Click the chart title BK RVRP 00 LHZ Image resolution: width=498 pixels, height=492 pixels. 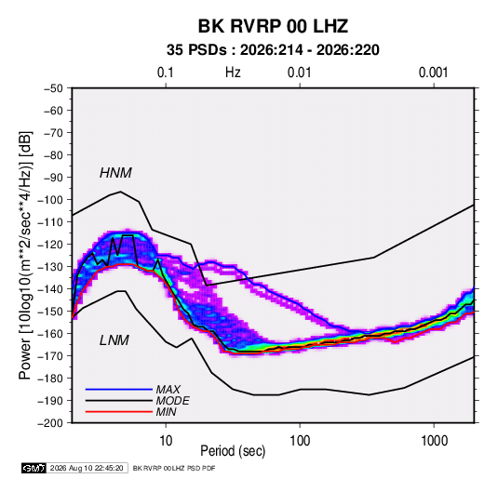(x=273, y=26)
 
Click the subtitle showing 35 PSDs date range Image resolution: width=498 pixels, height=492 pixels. (x=273, y=50)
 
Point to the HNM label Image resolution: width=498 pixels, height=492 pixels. (x=115, y=173)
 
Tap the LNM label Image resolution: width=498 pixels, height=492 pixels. (x=114, y=340)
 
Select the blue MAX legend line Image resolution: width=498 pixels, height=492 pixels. (x=119, y=390)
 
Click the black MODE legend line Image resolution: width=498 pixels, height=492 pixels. (x=119, y=401)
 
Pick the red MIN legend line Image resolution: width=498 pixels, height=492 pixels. (x=119, y=412)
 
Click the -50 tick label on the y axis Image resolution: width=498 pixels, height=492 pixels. (x=53, y=88)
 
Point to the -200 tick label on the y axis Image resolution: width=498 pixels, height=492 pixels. (x=50, y=423)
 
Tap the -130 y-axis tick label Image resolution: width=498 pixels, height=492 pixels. (x=50, y=267)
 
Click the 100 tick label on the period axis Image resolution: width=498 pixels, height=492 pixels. (x=300, y=441)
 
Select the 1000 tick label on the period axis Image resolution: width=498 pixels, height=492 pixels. (x=434, y=441)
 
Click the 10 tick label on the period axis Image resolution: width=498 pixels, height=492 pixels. (x=166, y=441)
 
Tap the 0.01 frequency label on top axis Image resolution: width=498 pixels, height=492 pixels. (x=299, y=73)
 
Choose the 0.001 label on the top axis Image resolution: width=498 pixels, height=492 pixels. (x=433, y=73)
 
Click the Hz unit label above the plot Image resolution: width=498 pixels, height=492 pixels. (x=233, y=73)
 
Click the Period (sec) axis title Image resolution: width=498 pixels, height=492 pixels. (x=233, y=451)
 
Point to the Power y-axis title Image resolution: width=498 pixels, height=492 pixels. (x=25, y=255)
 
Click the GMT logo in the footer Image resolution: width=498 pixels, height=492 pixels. (x=34, y=468)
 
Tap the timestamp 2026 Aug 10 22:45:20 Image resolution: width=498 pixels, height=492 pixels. (x=87, y=468)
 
